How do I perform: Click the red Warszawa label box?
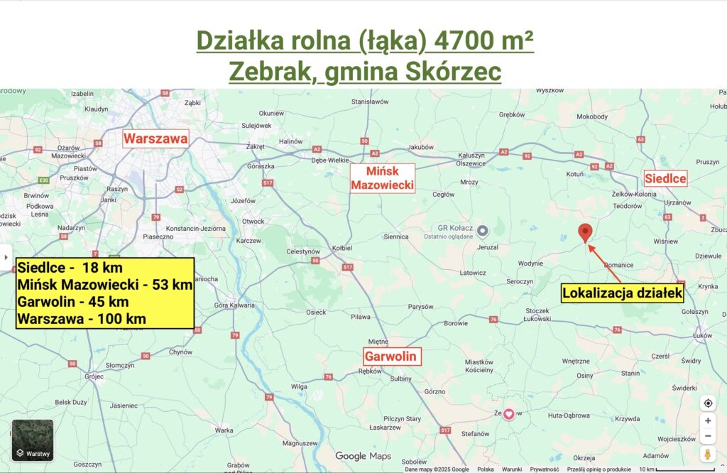155,138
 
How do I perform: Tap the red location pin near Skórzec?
585,232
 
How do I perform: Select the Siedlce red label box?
665,178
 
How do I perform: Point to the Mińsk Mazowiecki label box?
383,178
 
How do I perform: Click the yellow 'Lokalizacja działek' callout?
622,292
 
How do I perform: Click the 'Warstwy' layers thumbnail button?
33,440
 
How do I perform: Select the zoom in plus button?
707,420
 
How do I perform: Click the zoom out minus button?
707,436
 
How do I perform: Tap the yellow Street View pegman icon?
707,455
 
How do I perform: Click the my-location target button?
707,403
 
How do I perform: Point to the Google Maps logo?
363,456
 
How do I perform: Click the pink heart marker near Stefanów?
508,413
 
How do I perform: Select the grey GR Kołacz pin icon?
483,230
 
